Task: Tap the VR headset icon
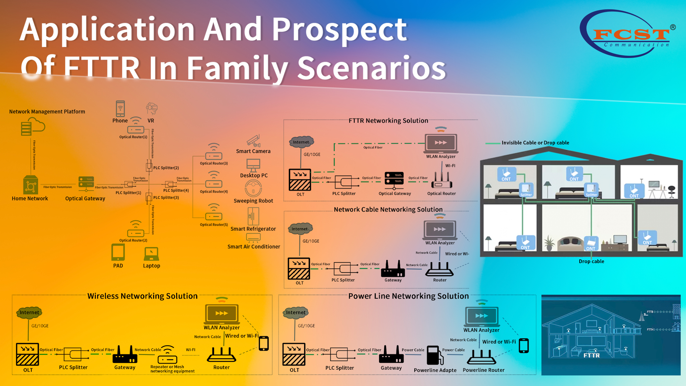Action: (151, 108)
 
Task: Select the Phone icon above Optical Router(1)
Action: (120, 108)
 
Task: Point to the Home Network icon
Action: (30, 186)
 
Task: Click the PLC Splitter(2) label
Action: (166, 168)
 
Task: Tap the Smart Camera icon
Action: (254, 141)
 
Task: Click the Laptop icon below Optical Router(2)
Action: (151, 254)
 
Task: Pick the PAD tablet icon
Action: (118, 252)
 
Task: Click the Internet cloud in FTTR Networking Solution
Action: (301, 142)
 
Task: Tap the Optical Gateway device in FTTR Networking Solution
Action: (394, 178)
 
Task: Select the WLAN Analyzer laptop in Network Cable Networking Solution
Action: (440, 230)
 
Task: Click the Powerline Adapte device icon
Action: (433, 355)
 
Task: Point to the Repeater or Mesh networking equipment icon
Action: (168, 355)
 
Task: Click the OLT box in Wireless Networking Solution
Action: (27, 354)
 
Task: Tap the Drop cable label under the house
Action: (591, 261)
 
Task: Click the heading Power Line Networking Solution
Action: (408, 296)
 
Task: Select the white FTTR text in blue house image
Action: (591, 355)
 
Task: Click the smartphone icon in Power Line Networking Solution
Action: (524, 345)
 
